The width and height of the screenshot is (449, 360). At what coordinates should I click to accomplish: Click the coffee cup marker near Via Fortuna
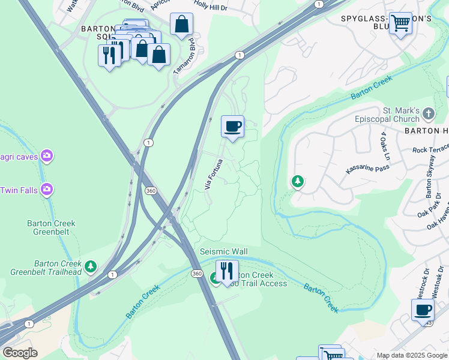tap(232, 127)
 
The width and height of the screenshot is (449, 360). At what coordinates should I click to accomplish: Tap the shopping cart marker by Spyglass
tap(400, 24)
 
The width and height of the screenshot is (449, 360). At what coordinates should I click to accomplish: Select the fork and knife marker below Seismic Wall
tap(227, 271)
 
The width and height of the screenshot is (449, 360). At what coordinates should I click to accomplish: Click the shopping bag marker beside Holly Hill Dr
tap(181, 25)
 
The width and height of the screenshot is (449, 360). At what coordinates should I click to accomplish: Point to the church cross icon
tap(428, 113)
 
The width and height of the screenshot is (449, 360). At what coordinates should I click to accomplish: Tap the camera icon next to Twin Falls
tap(46, 190)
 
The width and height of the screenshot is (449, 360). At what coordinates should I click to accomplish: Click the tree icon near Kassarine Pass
tap(297, 181)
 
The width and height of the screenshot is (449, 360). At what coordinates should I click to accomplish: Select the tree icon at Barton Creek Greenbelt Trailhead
tap(91, 266)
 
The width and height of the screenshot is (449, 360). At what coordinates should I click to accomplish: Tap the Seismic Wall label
tap(223, 251)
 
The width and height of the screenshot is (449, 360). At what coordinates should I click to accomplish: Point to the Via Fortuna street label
tap(214, 174)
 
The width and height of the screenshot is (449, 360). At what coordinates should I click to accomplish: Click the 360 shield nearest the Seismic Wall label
tap(197, 274)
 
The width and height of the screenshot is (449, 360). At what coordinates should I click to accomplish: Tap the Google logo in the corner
tap(20, 353)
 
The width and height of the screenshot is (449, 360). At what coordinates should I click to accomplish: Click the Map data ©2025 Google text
tap(411, 355)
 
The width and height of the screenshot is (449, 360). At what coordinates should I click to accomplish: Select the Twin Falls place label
tap(19, 190)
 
